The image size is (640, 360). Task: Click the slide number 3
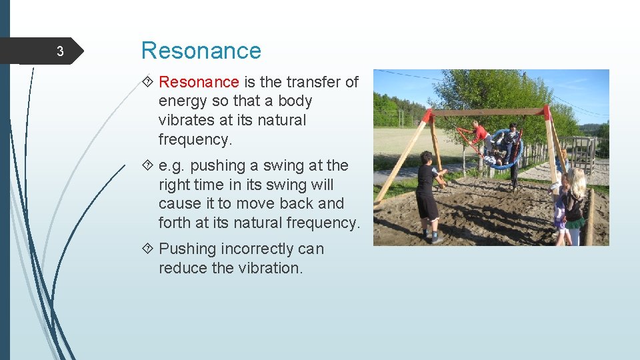(x=59, y=52)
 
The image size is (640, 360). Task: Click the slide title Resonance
(x=201, y=51)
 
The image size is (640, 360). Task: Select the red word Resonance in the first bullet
(x=199, y=82)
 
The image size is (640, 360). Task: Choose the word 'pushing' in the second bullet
(x=216, y=165)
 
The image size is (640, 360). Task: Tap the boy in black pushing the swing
(x=427, y=193)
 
